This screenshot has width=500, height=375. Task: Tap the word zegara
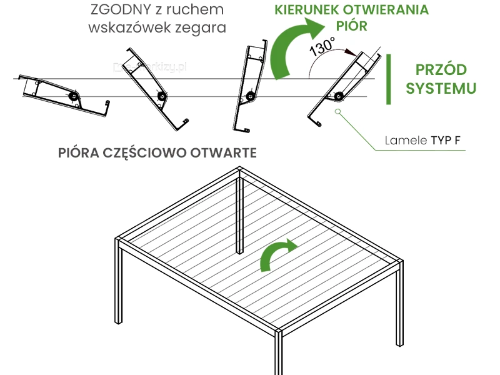[203, 28]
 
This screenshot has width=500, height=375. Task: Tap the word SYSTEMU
[441, 88]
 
